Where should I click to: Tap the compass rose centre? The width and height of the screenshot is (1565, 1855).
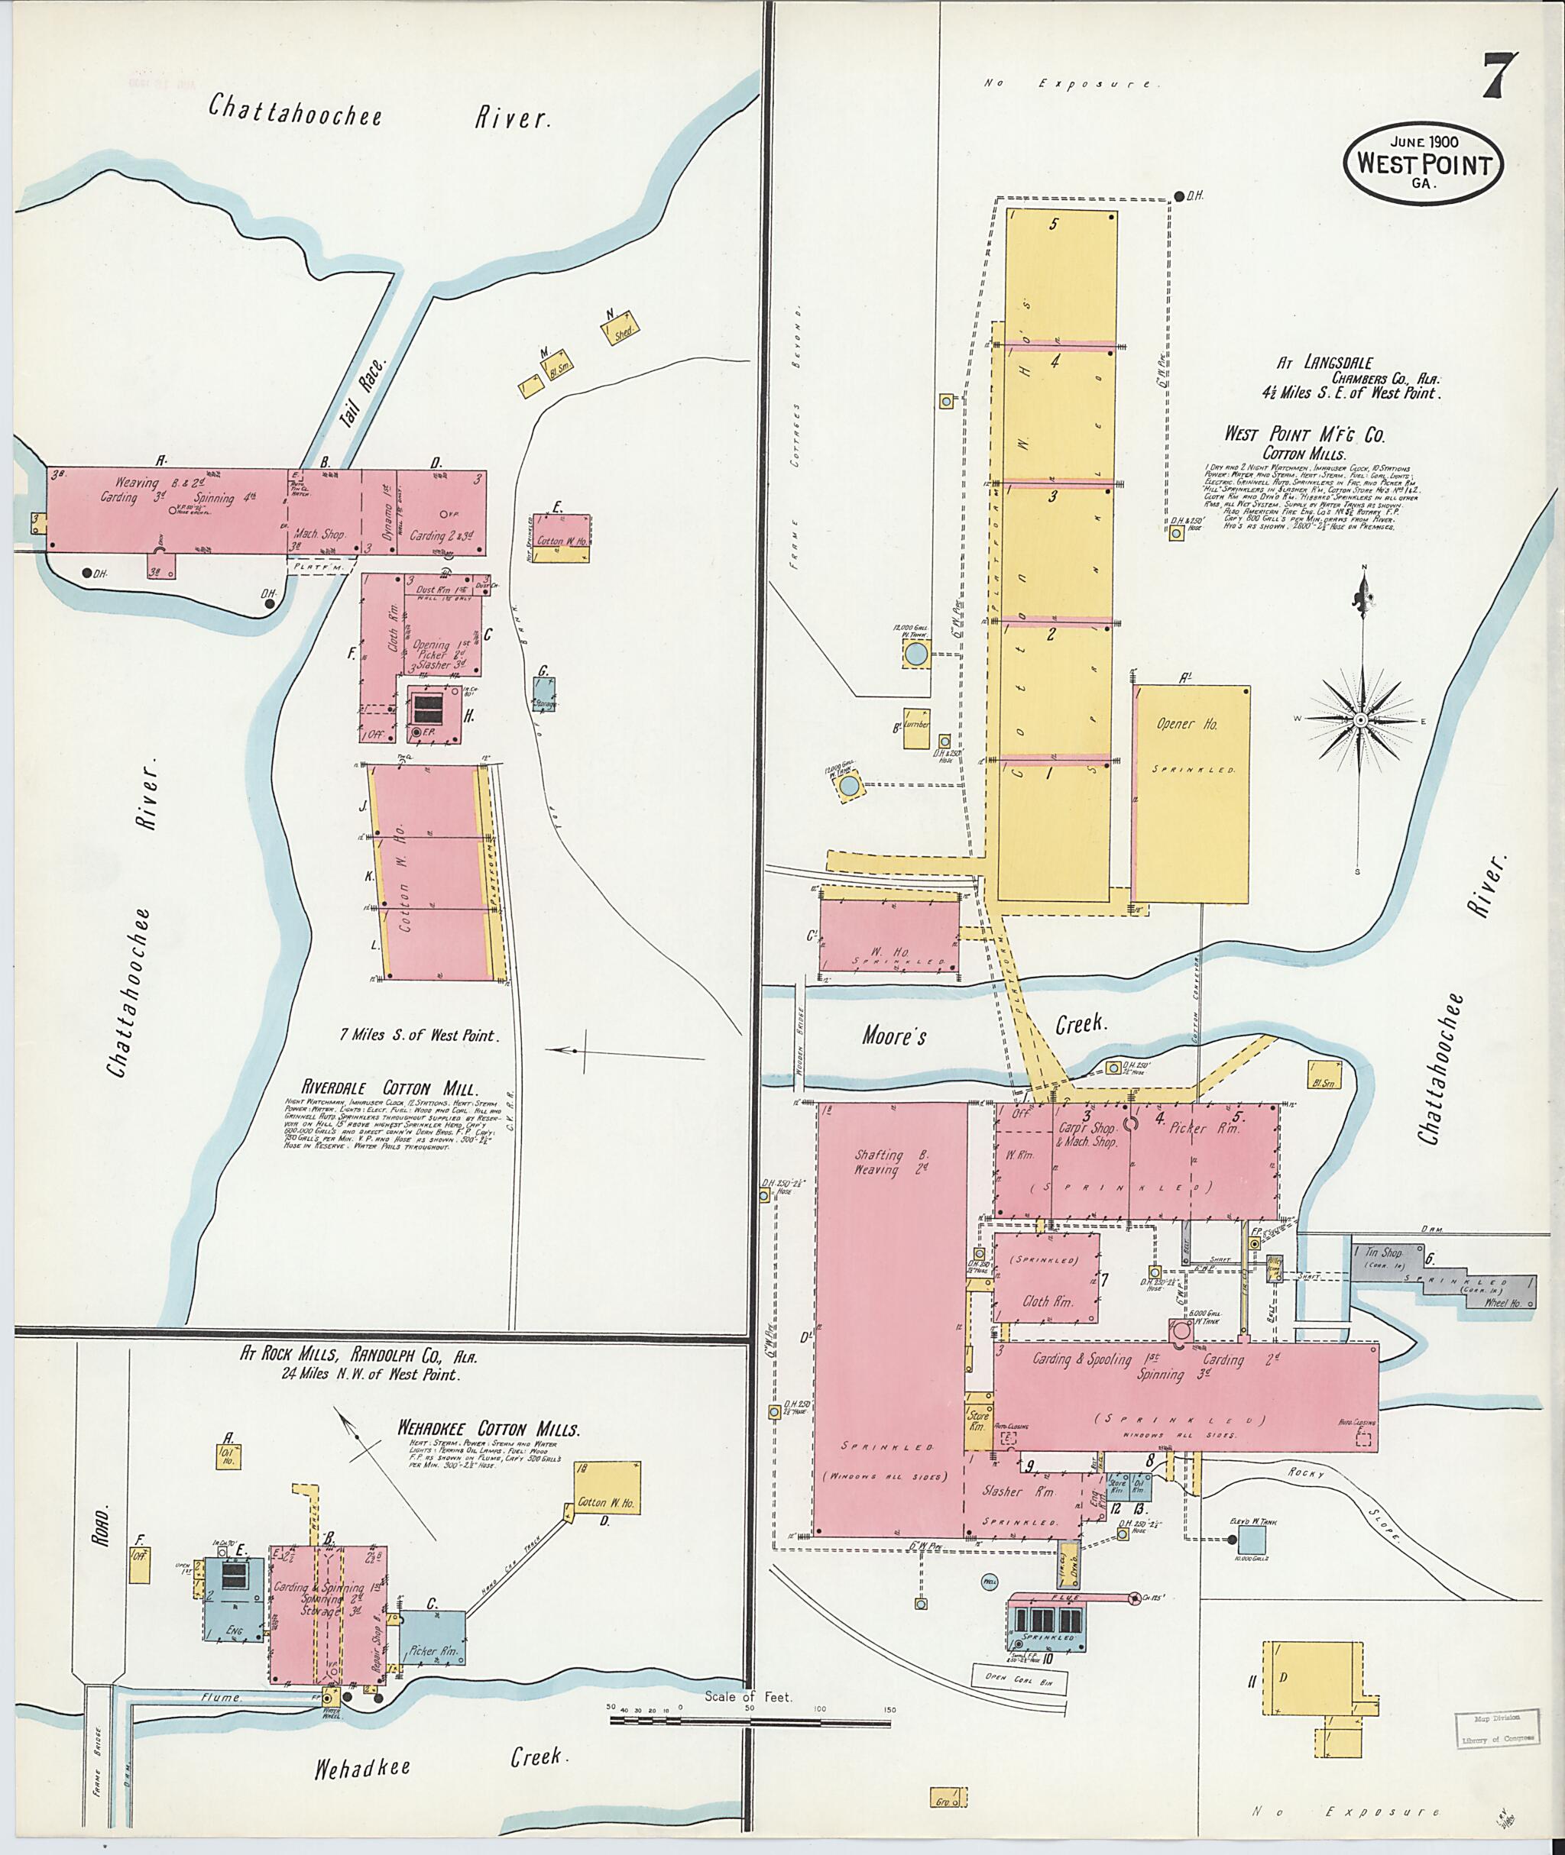tap(1359, 720)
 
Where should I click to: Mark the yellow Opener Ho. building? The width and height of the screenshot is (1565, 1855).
tap(1192, 793)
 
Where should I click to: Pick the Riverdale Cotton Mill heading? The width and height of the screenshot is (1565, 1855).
tap(390, 1088)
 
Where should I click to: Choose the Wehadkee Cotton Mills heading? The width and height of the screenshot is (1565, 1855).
tap(488, 1430)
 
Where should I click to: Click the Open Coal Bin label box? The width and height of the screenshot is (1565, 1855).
tap(1019, 1679)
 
